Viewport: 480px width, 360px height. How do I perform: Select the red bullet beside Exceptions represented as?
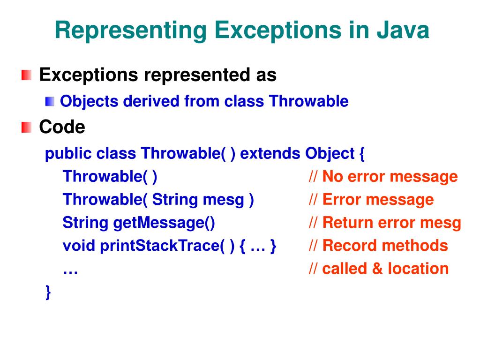coord(27,75)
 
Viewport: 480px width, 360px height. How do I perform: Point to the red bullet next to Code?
coord(27,127)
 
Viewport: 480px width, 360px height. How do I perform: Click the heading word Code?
coord(62,127)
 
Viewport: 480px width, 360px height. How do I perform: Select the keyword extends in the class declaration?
coord(271,153)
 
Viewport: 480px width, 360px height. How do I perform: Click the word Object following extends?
coord(330,153)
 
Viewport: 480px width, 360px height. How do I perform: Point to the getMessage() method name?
coord(164,223)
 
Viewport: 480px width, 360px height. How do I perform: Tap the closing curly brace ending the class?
coord(48,292)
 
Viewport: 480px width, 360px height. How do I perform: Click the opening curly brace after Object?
coord(361,154)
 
